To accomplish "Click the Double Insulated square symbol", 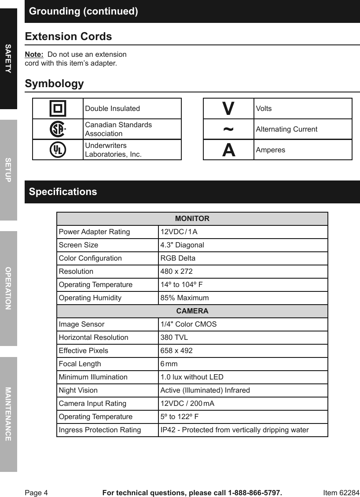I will pyautogui.click(x=58, y=108).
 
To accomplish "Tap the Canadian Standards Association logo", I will pyautogui.click(x=58, y=129).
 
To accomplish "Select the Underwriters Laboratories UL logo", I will pyautogui.click(x=58, y=150).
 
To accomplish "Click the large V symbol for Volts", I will pyautogui.click(x=228, y=108).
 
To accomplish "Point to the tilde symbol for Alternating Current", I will pyautogui.click(x=228, y=129).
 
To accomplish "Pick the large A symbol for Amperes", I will pyautogui.click(x=228, y=150).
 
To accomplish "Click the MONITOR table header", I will pyautogui.click(x=192, y=219).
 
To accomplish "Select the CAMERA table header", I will pyautogui.click(x=192, y=311).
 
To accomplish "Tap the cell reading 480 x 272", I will pyautogui.click(x=176, y=272).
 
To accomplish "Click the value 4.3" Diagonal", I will pyautogui.click(x=182, y=245).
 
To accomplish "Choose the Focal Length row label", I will pyautogui.click(x=80, y=364).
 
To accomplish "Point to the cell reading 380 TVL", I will pyautogui.click(x=174, y=338).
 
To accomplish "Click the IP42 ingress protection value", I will pyautogui.click(x=234, y=430).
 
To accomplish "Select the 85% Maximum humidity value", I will pyautogui.click(x=184, y=298).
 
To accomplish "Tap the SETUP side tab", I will pyautogui.click(x=8, y=170).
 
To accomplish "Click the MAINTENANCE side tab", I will pyautogui.click(x=8, y=414).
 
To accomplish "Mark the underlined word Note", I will pyautogui.click(x=34, y=55).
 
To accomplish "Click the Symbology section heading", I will pyautogui.click(x=54, y=84).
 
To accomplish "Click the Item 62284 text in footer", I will pyautogui.click(x=341, y=493).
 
